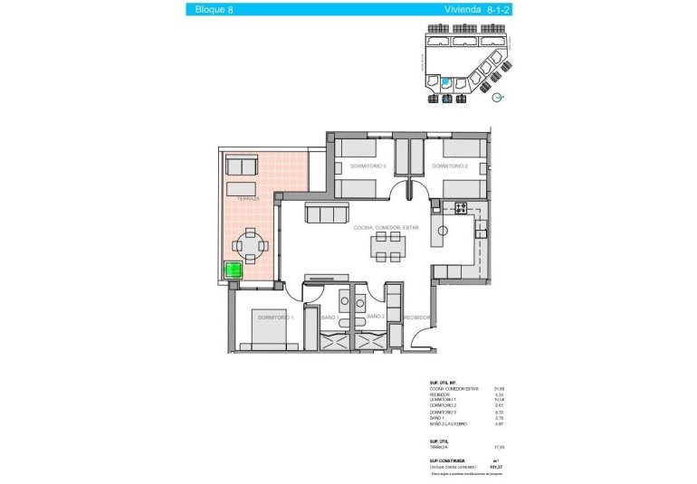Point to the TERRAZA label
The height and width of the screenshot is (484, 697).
246,197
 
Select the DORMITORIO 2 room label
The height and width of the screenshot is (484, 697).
448,166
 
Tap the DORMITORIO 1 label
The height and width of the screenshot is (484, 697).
275,318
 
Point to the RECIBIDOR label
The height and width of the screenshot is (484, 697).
418,318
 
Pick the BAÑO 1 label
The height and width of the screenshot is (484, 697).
329,318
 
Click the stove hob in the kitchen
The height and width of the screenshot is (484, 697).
460,209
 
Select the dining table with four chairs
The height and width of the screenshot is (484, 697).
389,246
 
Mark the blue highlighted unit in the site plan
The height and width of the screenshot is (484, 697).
444,83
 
